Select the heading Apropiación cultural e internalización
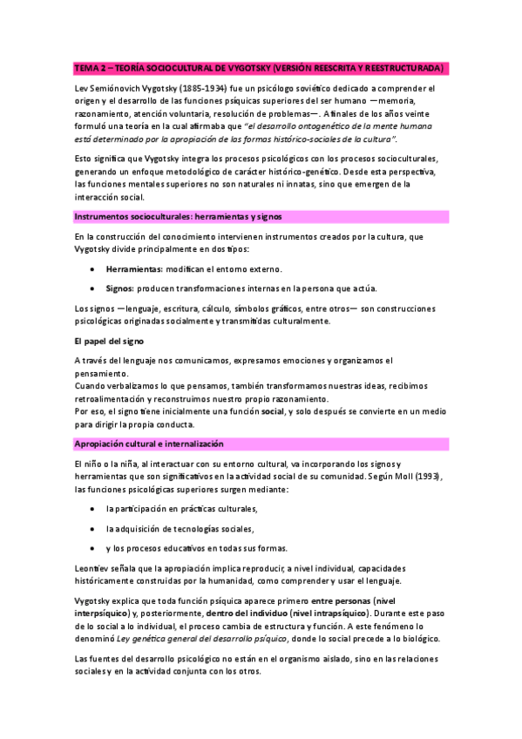point(152,444)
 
